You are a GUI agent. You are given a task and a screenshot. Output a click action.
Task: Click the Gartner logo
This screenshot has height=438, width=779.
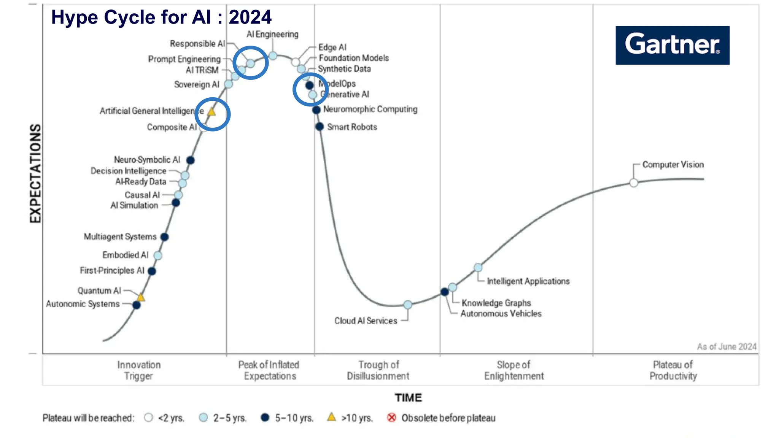pos(672,45)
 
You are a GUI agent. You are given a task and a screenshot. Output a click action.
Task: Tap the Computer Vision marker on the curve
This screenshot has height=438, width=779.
pos(633,183)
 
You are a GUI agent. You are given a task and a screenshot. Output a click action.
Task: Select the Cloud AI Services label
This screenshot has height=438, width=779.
pos(366,321)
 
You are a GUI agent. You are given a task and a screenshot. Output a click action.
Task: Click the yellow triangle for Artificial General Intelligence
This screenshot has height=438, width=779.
pos(212,112)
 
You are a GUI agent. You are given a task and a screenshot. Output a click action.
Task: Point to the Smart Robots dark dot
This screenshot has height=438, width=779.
pos(320,127)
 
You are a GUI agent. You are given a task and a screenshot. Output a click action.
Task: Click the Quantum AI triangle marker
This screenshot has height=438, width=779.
pos(141,297)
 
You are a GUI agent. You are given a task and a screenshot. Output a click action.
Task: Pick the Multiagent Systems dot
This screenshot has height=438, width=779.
pos(164,237)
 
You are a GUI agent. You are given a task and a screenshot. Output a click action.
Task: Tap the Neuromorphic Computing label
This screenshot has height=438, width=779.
pos(370,109)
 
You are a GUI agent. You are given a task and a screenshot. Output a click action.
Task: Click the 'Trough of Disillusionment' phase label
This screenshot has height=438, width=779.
pos(378,370)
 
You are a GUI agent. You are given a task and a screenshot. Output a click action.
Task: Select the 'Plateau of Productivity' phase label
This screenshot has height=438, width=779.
pos(673,370)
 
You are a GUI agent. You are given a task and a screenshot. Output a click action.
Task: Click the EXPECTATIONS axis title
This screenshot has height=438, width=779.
pos(35,173)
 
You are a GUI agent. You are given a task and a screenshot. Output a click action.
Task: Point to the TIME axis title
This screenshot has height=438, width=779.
pos(408,398)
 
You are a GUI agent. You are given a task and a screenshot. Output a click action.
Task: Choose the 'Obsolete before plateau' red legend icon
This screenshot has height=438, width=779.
pos(391,417)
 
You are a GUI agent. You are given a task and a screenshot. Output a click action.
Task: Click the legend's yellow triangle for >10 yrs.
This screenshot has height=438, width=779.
pos(332,417)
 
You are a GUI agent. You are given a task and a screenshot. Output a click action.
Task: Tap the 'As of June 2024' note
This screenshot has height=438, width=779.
pos(727,347)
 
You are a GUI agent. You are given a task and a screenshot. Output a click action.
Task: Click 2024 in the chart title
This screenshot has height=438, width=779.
pos(250,17)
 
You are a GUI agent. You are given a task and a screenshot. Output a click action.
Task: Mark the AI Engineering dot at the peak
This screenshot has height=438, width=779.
pos(273,56)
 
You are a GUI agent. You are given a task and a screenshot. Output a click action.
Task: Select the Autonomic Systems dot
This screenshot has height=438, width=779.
pos(137,305)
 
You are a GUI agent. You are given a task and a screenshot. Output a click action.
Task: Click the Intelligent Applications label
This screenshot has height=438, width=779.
pos(528,281)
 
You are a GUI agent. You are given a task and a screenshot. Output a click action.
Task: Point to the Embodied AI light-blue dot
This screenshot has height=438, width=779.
pos(158,255)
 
